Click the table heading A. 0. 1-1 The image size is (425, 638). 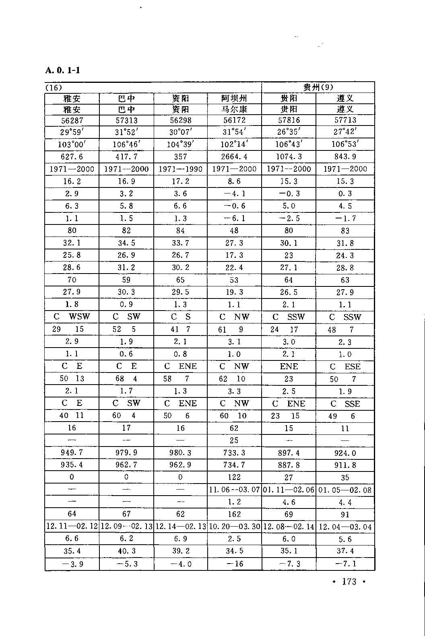tap(63, 70)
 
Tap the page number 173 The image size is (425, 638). tap(349, 582)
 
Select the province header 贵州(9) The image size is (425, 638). tap(318, 87)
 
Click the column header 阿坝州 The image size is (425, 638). tap(234, 99)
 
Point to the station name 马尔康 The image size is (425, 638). tap(234, 109)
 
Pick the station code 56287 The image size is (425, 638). tap(72, 120)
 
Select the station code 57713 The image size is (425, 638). tap(345, 120)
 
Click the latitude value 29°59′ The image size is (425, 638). tap(72, 132)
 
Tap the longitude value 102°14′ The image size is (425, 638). tap(234, 144)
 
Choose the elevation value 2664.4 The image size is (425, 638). tap(234, 156)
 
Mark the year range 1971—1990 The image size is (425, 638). tap(180, 169)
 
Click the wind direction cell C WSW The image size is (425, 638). tap(72, 317)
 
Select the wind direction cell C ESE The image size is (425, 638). tap(345, 366)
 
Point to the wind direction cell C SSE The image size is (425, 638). tap(345, 403)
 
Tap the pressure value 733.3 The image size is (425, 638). tap(234, 453)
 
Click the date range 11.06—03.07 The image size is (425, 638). tap(234, 490)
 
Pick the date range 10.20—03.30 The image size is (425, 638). tap(234, 527)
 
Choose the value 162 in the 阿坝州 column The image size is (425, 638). tap(234, 514)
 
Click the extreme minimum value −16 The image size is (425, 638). tap(234, 564)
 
